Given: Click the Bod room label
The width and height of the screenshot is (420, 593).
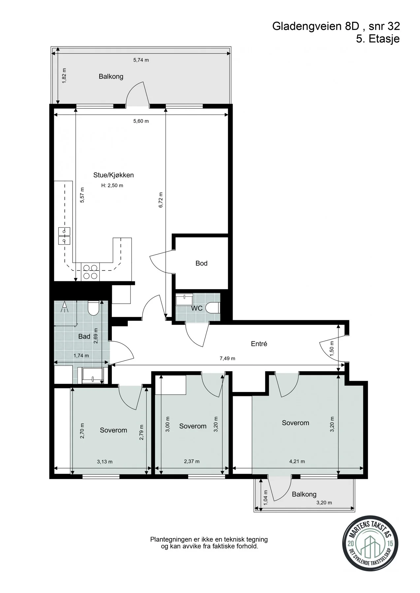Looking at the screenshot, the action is click(x=201, y=263).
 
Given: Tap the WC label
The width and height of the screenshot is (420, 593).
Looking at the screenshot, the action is click(x=197, y=308).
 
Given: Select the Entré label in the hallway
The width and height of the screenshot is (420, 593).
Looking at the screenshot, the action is click(x=259, y=344).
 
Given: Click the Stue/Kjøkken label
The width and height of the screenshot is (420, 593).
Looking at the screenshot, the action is click(x=113, y=175).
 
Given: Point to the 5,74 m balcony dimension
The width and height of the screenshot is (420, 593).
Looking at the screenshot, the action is click(x=141, y=60).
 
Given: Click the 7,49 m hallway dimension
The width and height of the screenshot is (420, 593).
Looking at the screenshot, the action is click(x=227, y=358).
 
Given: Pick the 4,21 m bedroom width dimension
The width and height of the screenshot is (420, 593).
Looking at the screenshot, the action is click(x=297, y=461).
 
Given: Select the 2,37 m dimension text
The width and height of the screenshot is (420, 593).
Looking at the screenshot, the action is click(x=192, y=461).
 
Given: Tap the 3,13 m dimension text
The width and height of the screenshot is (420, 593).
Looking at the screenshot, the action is click(x=105, y=462).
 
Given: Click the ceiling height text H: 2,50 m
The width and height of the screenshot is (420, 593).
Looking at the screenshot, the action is click(x=112, y=185).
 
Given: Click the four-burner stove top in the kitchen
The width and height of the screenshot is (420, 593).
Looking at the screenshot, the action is click(x=90, y=272).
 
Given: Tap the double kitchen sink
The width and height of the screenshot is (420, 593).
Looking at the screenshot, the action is click(x=64, y=236).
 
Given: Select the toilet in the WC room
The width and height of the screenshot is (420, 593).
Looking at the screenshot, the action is click(x=212, y=308).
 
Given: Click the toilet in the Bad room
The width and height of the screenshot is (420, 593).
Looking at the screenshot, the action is click(x=94, y=307).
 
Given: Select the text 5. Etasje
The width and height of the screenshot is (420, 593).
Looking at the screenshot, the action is click(x=378, y=39).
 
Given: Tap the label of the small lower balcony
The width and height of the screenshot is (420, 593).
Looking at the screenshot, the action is click(x=304, y=494).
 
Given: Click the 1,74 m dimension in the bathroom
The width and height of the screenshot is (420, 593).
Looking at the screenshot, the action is click(x=81, y=355).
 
